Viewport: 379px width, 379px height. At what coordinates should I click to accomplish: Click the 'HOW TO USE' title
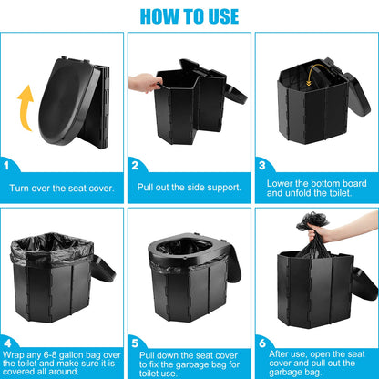189,15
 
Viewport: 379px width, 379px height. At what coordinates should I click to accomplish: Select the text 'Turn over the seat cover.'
62,189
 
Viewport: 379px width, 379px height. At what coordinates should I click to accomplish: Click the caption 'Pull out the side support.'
189,189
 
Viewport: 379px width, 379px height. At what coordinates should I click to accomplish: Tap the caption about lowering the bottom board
316,189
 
